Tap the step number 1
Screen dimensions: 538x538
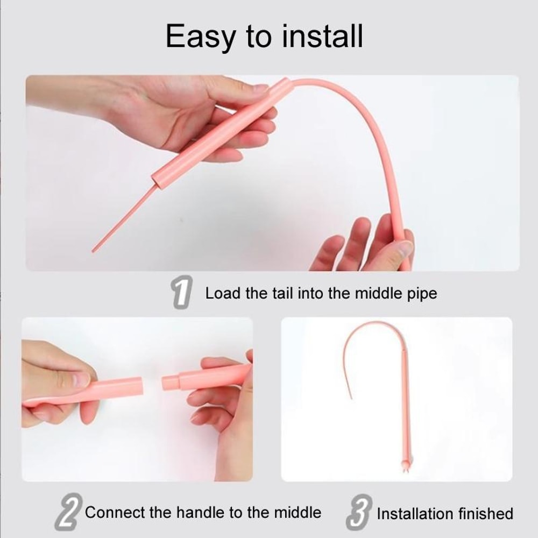182,293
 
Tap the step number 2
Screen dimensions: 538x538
68,513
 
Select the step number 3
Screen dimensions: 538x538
357,513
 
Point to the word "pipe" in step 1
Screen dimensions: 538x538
422,294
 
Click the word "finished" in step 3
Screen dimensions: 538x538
487,514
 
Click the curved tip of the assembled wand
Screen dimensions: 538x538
350,395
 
